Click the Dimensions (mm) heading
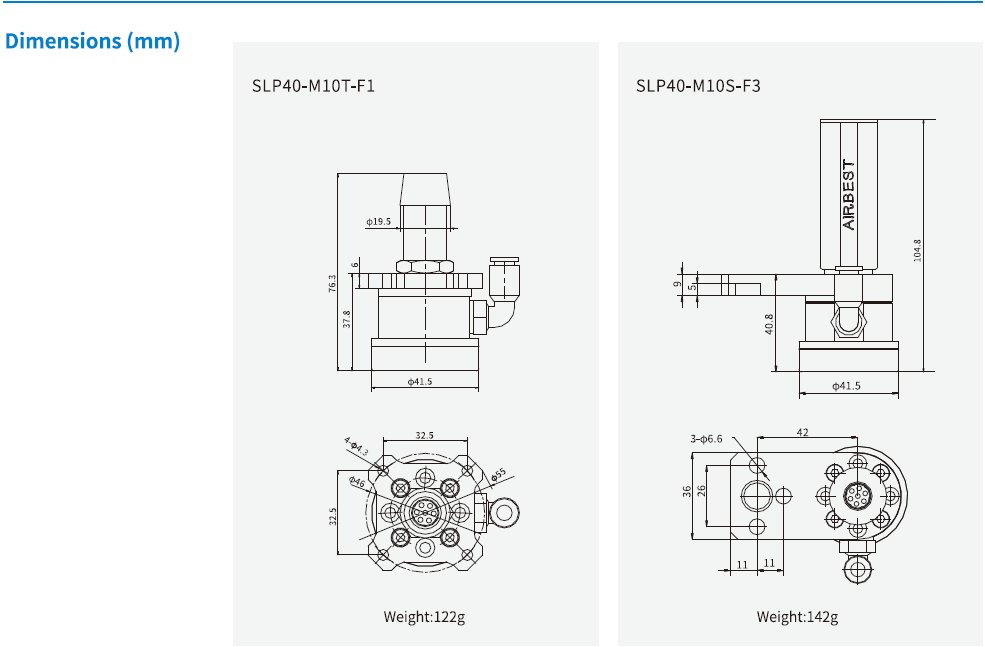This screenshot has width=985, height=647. click(x=92, y=42)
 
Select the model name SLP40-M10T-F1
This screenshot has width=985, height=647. click(x=313, y=86)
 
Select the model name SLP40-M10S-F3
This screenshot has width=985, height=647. click(x=698, y=86)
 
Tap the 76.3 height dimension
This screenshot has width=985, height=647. click(x=333, y=285)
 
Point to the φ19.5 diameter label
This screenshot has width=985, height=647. click(x=379, y=222)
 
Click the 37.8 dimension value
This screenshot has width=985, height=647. click(x=347, y=319)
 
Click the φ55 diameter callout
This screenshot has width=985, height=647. click(x=497, y=472)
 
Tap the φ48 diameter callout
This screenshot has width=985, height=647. click(x=357, y=482)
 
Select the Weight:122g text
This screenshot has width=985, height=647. click(x=424, y=617)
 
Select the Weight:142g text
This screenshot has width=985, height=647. click(x=797, y=617)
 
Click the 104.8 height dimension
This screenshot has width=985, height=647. click(x=917, y=250)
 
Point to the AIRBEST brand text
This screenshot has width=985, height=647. click(x=849, y=195)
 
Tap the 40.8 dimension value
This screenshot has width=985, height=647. click(x=769, y=325)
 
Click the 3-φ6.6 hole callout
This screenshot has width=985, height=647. click(x=712, y=439)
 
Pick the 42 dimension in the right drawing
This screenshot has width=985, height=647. click(x=803, y=431)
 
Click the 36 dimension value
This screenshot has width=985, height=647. click(x=687, y=492)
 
